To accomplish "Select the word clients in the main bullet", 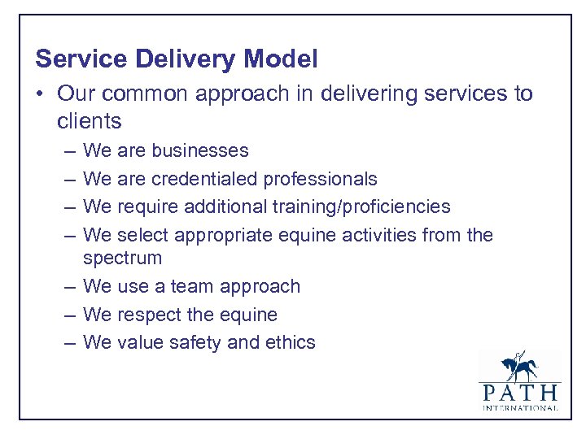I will (89, 122).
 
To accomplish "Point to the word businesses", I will (200, 150).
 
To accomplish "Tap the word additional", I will (221, 207).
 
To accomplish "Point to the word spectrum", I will (122, 259).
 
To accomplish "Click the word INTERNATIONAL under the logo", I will (519, 407).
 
